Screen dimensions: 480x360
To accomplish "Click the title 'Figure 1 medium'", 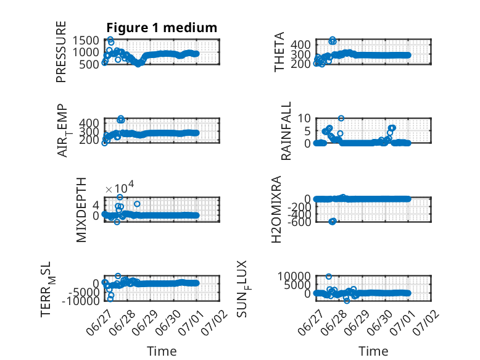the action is pos(162,28).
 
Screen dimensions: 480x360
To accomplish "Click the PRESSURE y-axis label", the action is pos(61,52).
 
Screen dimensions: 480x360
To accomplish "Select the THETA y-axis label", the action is pos(279,52).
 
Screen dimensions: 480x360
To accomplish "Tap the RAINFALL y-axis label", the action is pos(286,131).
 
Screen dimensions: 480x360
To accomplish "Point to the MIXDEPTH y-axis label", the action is pos(81,210).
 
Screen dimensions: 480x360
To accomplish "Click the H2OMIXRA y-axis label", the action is pos(276,209).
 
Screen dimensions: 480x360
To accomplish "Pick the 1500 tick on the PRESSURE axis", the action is pos(86,40).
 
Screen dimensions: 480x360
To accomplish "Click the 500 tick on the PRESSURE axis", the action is pos(89,64).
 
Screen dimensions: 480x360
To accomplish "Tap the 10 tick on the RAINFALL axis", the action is pos(304,118).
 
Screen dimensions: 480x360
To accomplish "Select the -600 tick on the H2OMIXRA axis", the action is pos(299,222).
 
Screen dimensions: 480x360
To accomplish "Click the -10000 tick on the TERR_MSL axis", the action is pos(81,301).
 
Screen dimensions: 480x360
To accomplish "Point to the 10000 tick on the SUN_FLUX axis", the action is pos(294,277).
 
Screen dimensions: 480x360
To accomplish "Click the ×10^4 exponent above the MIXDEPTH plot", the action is pos(120,188).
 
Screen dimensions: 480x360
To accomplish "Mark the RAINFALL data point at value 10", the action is pos(341,119).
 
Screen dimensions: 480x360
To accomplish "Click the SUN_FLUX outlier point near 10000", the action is pos(328,277).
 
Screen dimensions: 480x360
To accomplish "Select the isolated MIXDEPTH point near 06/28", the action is pos(137,204).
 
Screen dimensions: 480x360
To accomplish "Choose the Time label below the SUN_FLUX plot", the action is pos(373,351).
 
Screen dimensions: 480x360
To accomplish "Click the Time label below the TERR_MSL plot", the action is pos(162,351).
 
